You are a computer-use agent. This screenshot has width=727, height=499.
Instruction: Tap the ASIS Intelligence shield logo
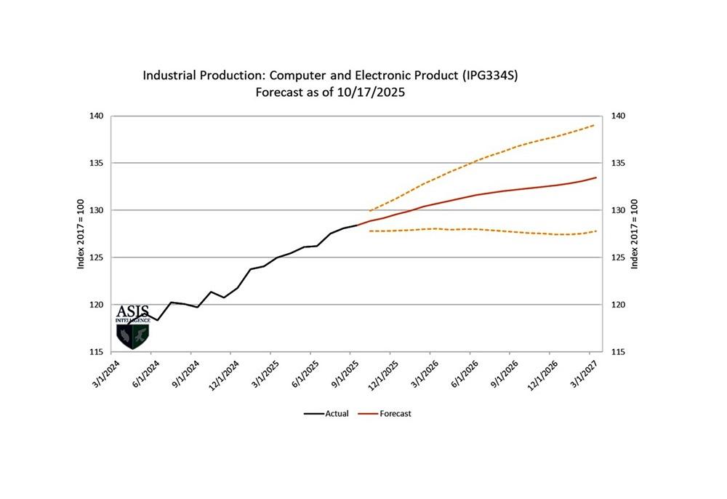(132, 330)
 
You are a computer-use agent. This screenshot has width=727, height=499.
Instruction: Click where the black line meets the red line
(357, 225)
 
